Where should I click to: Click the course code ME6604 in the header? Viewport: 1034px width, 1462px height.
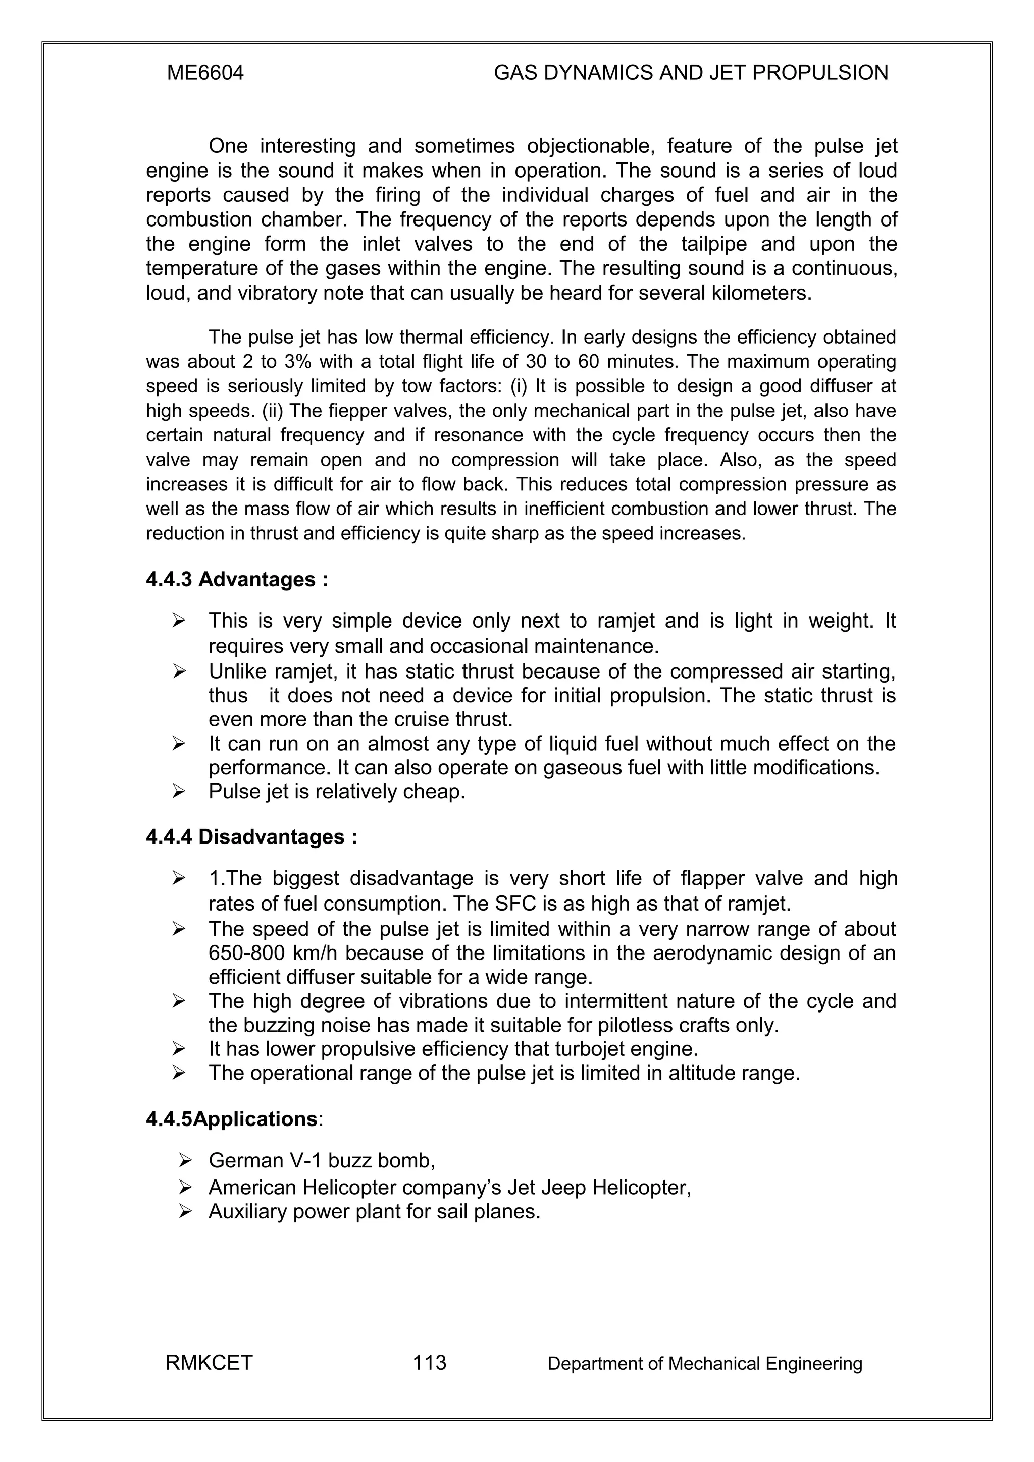pos(205,73)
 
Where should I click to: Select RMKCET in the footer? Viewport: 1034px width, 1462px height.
pos(209,1363)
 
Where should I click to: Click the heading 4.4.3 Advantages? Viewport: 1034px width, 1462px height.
pos(237,580)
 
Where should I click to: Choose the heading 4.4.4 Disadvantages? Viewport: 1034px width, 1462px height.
pos(251,837)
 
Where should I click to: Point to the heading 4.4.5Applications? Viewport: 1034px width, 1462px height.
pos(234,1119)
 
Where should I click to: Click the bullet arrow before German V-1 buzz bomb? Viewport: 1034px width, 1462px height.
pos(185,1160)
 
